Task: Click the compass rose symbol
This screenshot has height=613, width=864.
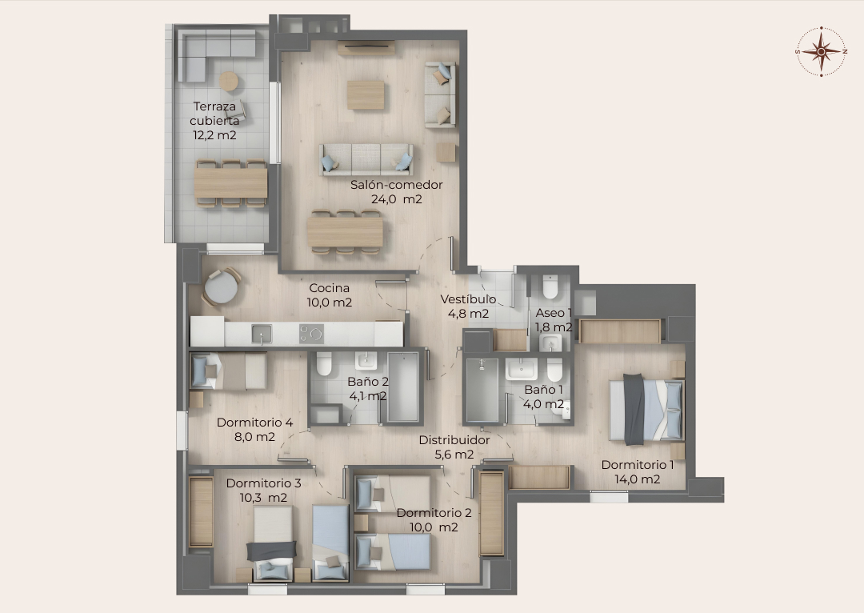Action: tap(821, 51)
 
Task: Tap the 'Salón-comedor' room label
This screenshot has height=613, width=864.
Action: tap(396, 185)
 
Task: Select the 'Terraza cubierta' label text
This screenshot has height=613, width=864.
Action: tap(214, 114)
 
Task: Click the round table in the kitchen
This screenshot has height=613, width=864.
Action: tap(221, 287)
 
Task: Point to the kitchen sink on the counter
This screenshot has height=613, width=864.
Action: tap(262, 334)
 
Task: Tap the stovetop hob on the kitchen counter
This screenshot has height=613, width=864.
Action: tap(311, 334)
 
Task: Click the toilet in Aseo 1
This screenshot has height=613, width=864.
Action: tap(550, 286)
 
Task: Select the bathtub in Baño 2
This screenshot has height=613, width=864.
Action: tap(403, 387)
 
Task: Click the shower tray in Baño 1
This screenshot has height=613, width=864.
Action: tap(482, 391)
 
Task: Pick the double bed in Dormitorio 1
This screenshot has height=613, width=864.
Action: tap(646, 409)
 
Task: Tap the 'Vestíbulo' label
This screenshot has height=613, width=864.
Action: tap(468, 299)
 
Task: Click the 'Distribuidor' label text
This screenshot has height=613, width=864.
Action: tap(454, 440)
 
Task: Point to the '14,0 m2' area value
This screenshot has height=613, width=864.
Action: tap(638, 479)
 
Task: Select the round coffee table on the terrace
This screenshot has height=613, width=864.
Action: tap(229, 82)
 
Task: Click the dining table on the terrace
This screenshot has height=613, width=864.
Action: tap(231, 183)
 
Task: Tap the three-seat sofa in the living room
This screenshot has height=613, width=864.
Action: tap(366, 160)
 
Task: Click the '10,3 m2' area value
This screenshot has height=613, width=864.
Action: tap(263, 497)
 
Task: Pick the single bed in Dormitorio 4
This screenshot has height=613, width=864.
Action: tap(228, 371)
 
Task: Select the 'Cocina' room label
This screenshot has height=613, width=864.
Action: tap(329, 288)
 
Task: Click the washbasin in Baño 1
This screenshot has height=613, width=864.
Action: tap(522, 369)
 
